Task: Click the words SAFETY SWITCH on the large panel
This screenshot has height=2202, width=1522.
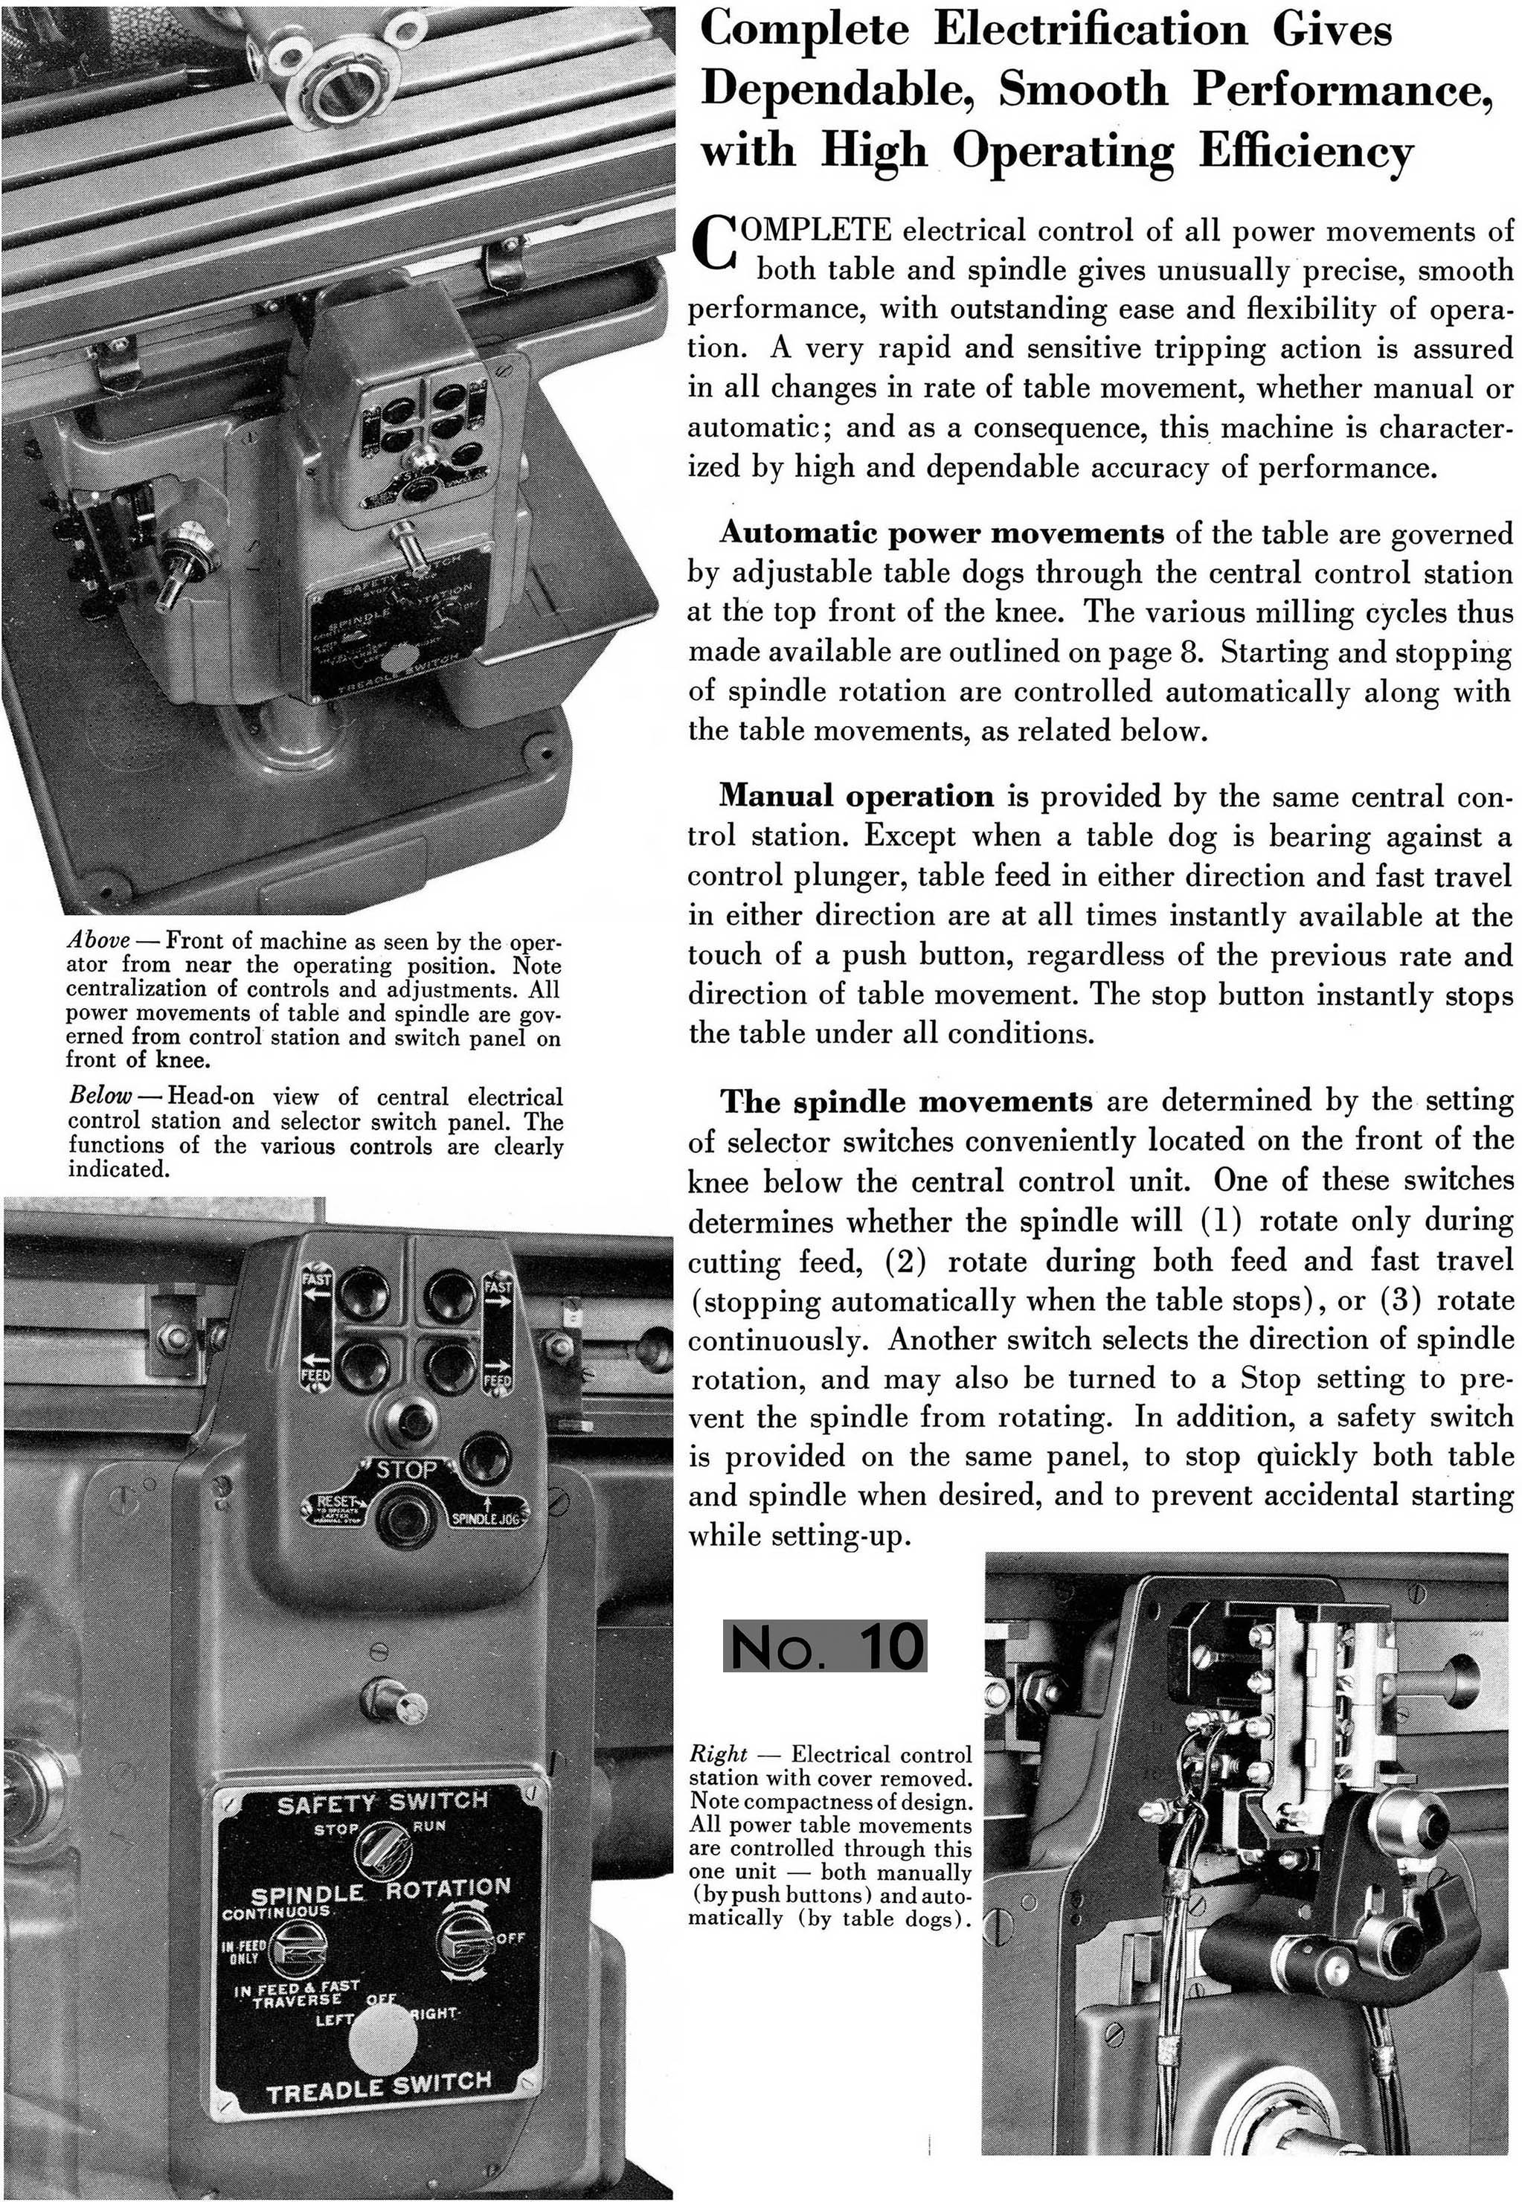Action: [x=382, y=1803]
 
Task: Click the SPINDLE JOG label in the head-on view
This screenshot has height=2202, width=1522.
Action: [x=484, y=1518]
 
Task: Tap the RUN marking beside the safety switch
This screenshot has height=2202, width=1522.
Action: [x=429, y=1826]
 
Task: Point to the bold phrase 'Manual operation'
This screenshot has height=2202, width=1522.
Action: [x=856, y=795]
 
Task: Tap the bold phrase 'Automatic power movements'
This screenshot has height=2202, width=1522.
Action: [x=940, y=532]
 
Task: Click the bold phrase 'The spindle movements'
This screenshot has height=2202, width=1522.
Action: [x=906, y=1102]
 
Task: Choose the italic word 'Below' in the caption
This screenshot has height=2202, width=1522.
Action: [x=98, y=1096]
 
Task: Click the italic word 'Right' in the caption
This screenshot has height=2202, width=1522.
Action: [x=718, y=1753]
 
